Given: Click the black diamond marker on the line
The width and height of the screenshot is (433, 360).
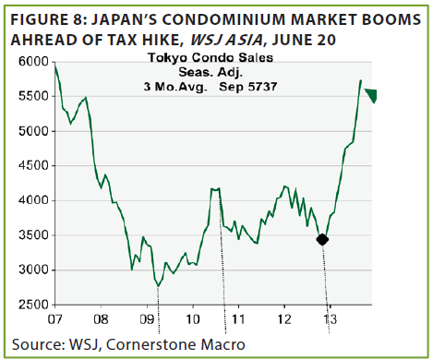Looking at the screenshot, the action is (322, 239).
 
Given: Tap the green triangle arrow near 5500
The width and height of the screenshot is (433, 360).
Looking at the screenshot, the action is (371, 95).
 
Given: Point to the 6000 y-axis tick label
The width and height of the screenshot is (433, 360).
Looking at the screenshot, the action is (33, 62).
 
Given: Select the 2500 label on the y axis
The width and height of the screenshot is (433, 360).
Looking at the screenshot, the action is (33, 305).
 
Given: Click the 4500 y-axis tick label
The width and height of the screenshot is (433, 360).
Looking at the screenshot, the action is (33, 166).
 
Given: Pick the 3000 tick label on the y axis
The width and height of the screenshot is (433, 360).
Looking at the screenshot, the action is (33, 270).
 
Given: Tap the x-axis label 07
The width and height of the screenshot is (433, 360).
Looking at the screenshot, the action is (54, 319).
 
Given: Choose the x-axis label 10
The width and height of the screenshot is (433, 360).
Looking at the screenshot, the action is (193, 319).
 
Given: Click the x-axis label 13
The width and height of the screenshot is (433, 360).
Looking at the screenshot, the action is (330, 319).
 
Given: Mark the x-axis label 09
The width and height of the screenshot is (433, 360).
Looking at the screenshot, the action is (147, 319).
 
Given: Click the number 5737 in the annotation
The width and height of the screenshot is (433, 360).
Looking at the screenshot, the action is (262, 87).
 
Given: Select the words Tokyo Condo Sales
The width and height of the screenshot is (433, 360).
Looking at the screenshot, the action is (210, 58).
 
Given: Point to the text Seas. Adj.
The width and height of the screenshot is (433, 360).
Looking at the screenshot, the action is (210, 72).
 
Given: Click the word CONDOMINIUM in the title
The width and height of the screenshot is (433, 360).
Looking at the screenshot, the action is (224, 19).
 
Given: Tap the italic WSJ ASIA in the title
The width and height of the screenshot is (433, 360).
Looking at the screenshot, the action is (226, 40).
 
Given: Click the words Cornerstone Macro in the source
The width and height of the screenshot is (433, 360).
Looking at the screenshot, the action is (175, 344).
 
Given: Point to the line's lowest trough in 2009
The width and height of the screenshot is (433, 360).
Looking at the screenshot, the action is (158, 286).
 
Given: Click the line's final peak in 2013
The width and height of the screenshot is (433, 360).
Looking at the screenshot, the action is (361, 80).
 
